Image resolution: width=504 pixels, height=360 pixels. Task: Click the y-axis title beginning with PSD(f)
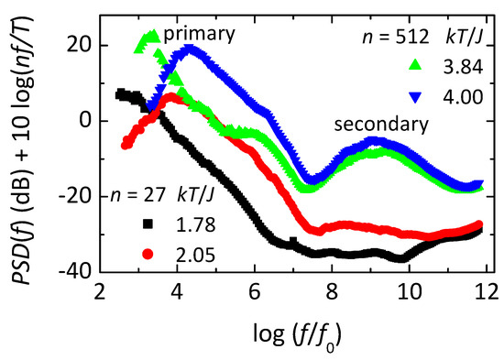(x=24, y=151)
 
